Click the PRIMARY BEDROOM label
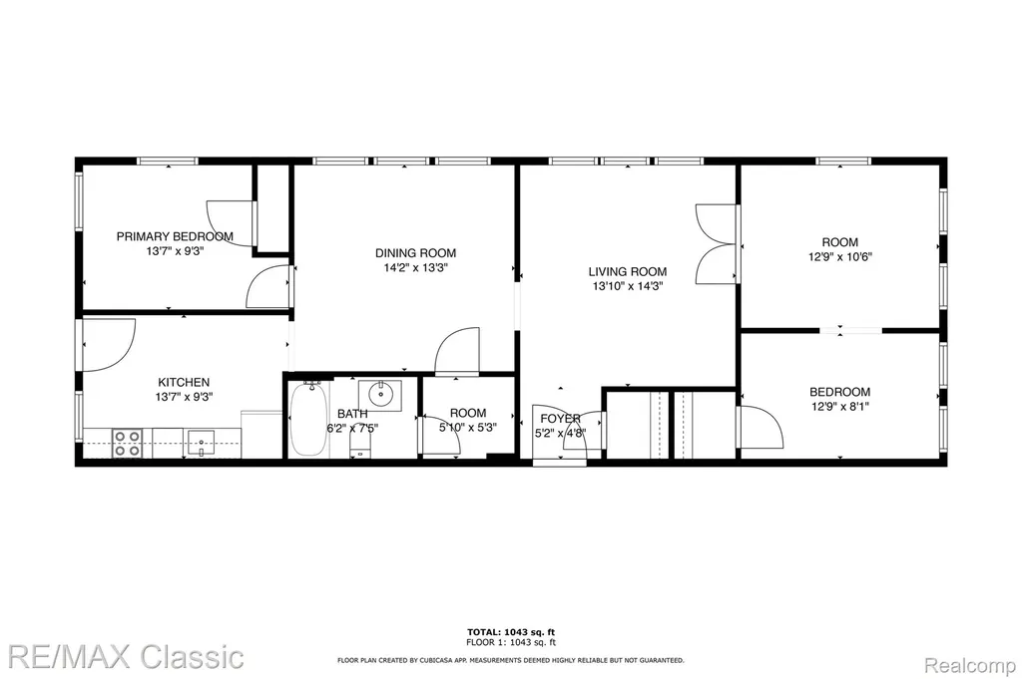[x=175, y=237]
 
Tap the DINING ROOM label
[x=415, y=253]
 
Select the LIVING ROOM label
[x=627, y=272]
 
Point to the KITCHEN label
[x=184, y=383]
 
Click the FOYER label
[x=560, y=419]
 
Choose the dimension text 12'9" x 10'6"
[x=840, y=257]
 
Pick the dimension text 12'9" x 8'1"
[x=840, y=407]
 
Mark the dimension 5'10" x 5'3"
[x=467, y=428]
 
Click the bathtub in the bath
[x=308, y=419]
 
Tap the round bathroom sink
[x=380, y=393]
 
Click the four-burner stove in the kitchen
[x=127, y=444]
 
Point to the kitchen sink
[x=202, y=444]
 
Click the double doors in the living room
[x=716, y=244]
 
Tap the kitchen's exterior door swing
[x=108, y=345]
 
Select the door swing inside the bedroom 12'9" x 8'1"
[x=762, y=427]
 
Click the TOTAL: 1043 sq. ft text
[x=511, y=632]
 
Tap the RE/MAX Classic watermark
[x=127, y=656]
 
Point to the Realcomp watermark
[x=970, y=666]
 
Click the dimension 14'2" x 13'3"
[x=415, y=267]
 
